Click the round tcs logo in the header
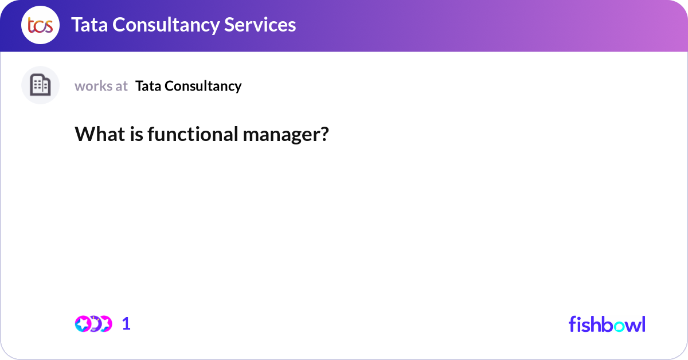[x=40, y=25]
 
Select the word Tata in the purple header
[x=88, y=25]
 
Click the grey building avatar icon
[x=40, y=85]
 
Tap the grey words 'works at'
[x=101, y=86]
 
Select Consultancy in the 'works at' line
[x=203, y=86]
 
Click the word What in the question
[x=96, y=134]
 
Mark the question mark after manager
[x=325, y=134]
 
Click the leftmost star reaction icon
[x=83, y=324]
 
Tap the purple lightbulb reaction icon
[x=95, y=324]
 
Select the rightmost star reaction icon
[x=105, y=324]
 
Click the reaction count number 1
[x=126, y=324]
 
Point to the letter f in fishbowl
[x=572, y=324]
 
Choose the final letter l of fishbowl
[x=643, y=324]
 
